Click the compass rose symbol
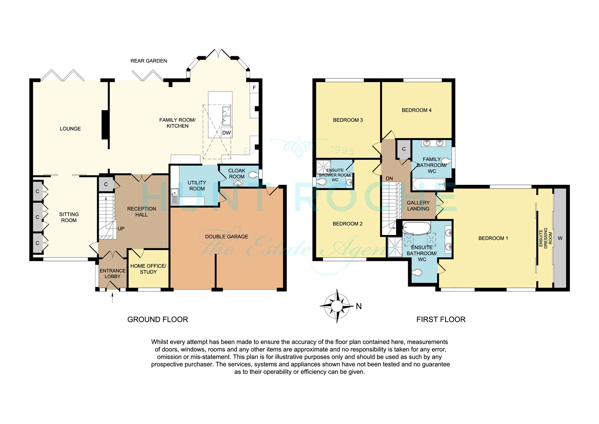337,306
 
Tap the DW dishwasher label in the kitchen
226,133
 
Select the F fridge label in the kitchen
254,88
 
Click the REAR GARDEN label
149,61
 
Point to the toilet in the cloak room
253,175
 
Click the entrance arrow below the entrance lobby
112,298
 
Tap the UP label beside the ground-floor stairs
121,229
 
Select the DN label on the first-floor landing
389,178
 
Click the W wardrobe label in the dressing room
560,238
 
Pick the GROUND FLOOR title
158,319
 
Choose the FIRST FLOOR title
441,319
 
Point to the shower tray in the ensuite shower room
323,167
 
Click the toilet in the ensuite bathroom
417,273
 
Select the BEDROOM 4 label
417,110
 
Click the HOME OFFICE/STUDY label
148,269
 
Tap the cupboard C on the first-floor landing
404,149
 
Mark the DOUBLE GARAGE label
226,237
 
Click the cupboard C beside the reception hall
106,184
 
